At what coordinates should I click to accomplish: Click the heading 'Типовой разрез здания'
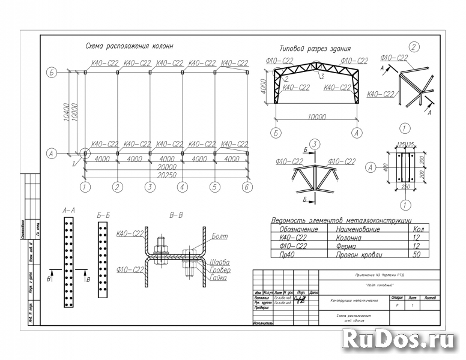tap(315, 49)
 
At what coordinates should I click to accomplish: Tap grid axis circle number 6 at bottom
tap(246, 188)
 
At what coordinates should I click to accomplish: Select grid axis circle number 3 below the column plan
tap(149, 188)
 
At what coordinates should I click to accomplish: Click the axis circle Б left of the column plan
tap(52, 73)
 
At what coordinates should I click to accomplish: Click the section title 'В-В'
tap(175, 214)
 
